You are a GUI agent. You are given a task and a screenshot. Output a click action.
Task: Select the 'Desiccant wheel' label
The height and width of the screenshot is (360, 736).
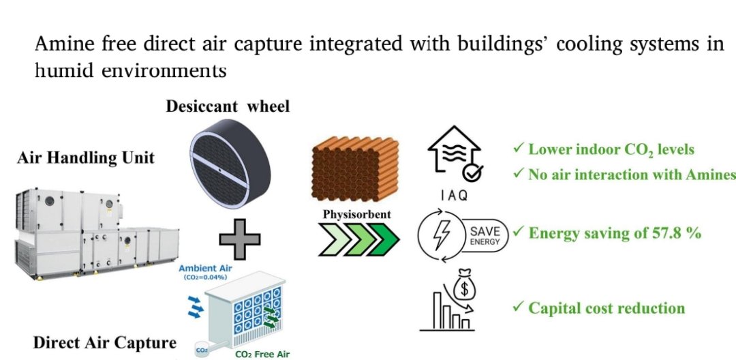click(x=228, y=106)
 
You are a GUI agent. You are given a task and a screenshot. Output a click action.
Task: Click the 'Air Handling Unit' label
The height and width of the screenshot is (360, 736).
click(x=85, y=158)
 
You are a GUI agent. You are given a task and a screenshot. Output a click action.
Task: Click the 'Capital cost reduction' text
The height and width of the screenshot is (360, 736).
click(x=607, y=308)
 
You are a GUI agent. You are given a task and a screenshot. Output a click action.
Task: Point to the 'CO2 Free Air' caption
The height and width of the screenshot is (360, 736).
click(x=262, y=355)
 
